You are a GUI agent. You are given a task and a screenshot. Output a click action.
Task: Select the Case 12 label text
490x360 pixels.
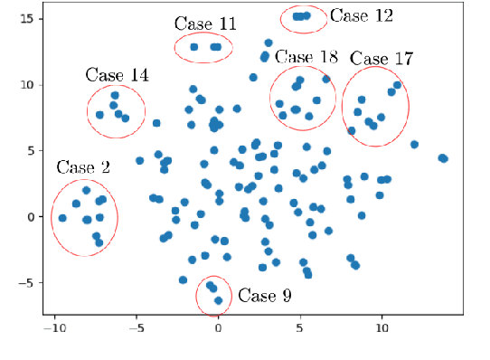pos(362,15)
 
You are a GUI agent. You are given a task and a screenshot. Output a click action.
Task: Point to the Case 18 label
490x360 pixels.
pos(306,58)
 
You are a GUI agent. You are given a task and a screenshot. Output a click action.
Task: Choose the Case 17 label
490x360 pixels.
pos(382,60)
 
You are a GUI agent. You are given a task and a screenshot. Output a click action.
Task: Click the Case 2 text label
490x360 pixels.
pos(83,167)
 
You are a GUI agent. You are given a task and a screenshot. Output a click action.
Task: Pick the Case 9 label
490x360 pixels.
pos(265,296)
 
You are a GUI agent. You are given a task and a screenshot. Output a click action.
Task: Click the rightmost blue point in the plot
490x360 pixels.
pos(443,158)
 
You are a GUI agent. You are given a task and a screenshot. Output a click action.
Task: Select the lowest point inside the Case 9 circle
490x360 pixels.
pos(218,300)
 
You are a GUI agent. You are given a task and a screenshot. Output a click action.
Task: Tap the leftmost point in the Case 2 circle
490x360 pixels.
pos(62,218)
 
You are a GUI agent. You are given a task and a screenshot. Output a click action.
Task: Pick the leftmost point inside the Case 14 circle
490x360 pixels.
pos(99,115)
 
